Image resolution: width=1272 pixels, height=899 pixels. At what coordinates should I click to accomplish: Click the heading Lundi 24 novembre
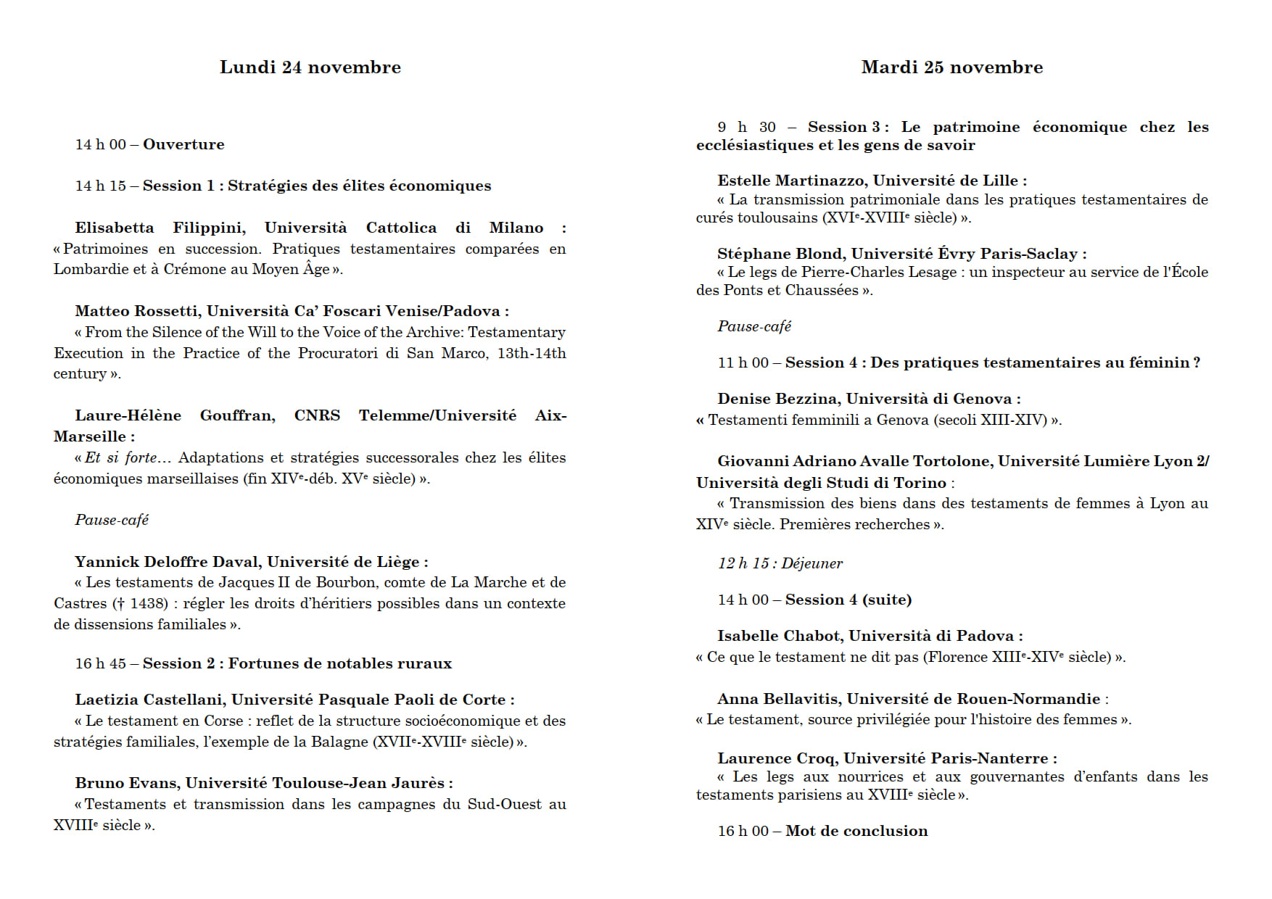(310, 67)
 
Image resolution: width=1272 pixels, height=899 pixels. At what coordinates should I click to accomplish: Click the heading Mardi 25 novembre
(951, 67)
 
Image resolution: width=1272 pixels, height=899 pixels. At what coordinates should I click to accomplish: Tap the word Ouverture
(183, 144)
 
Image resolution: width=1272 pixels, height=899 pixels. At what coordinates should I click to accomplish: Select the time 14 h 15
(100, 186)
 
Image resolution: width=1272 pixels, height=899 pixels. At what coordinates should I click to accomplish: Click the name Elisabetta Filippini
(160, 228)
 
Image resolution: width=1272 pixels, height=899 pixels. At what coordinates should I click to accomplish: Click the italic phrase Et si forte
(120, 457)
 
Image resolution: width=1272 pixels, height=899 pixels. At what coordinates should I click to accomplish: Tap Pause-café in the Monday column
(112, 520)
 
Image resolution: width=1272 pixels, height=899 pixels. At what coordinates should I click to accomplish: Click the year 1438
(148, 603)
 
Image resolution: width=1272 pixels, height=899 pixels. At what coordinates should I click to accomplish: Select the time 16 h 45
(100, 663)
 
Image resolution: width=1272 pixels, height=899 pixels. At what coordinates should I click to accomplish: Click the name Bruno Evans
(126, 783)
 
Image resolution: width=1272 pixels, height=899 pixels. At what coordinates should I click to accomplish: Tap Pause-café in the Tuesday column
(754, 326)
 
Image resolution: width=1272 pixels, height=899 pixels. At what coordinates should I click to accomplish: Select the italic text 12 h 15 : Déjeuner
(780, 563)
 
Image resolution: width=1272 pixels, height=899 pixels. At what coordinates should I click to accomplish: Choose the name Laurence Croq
(776, 758)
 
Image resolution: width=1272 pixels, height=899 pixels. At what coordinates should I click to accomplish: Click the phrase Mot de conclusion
(856, 831)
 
